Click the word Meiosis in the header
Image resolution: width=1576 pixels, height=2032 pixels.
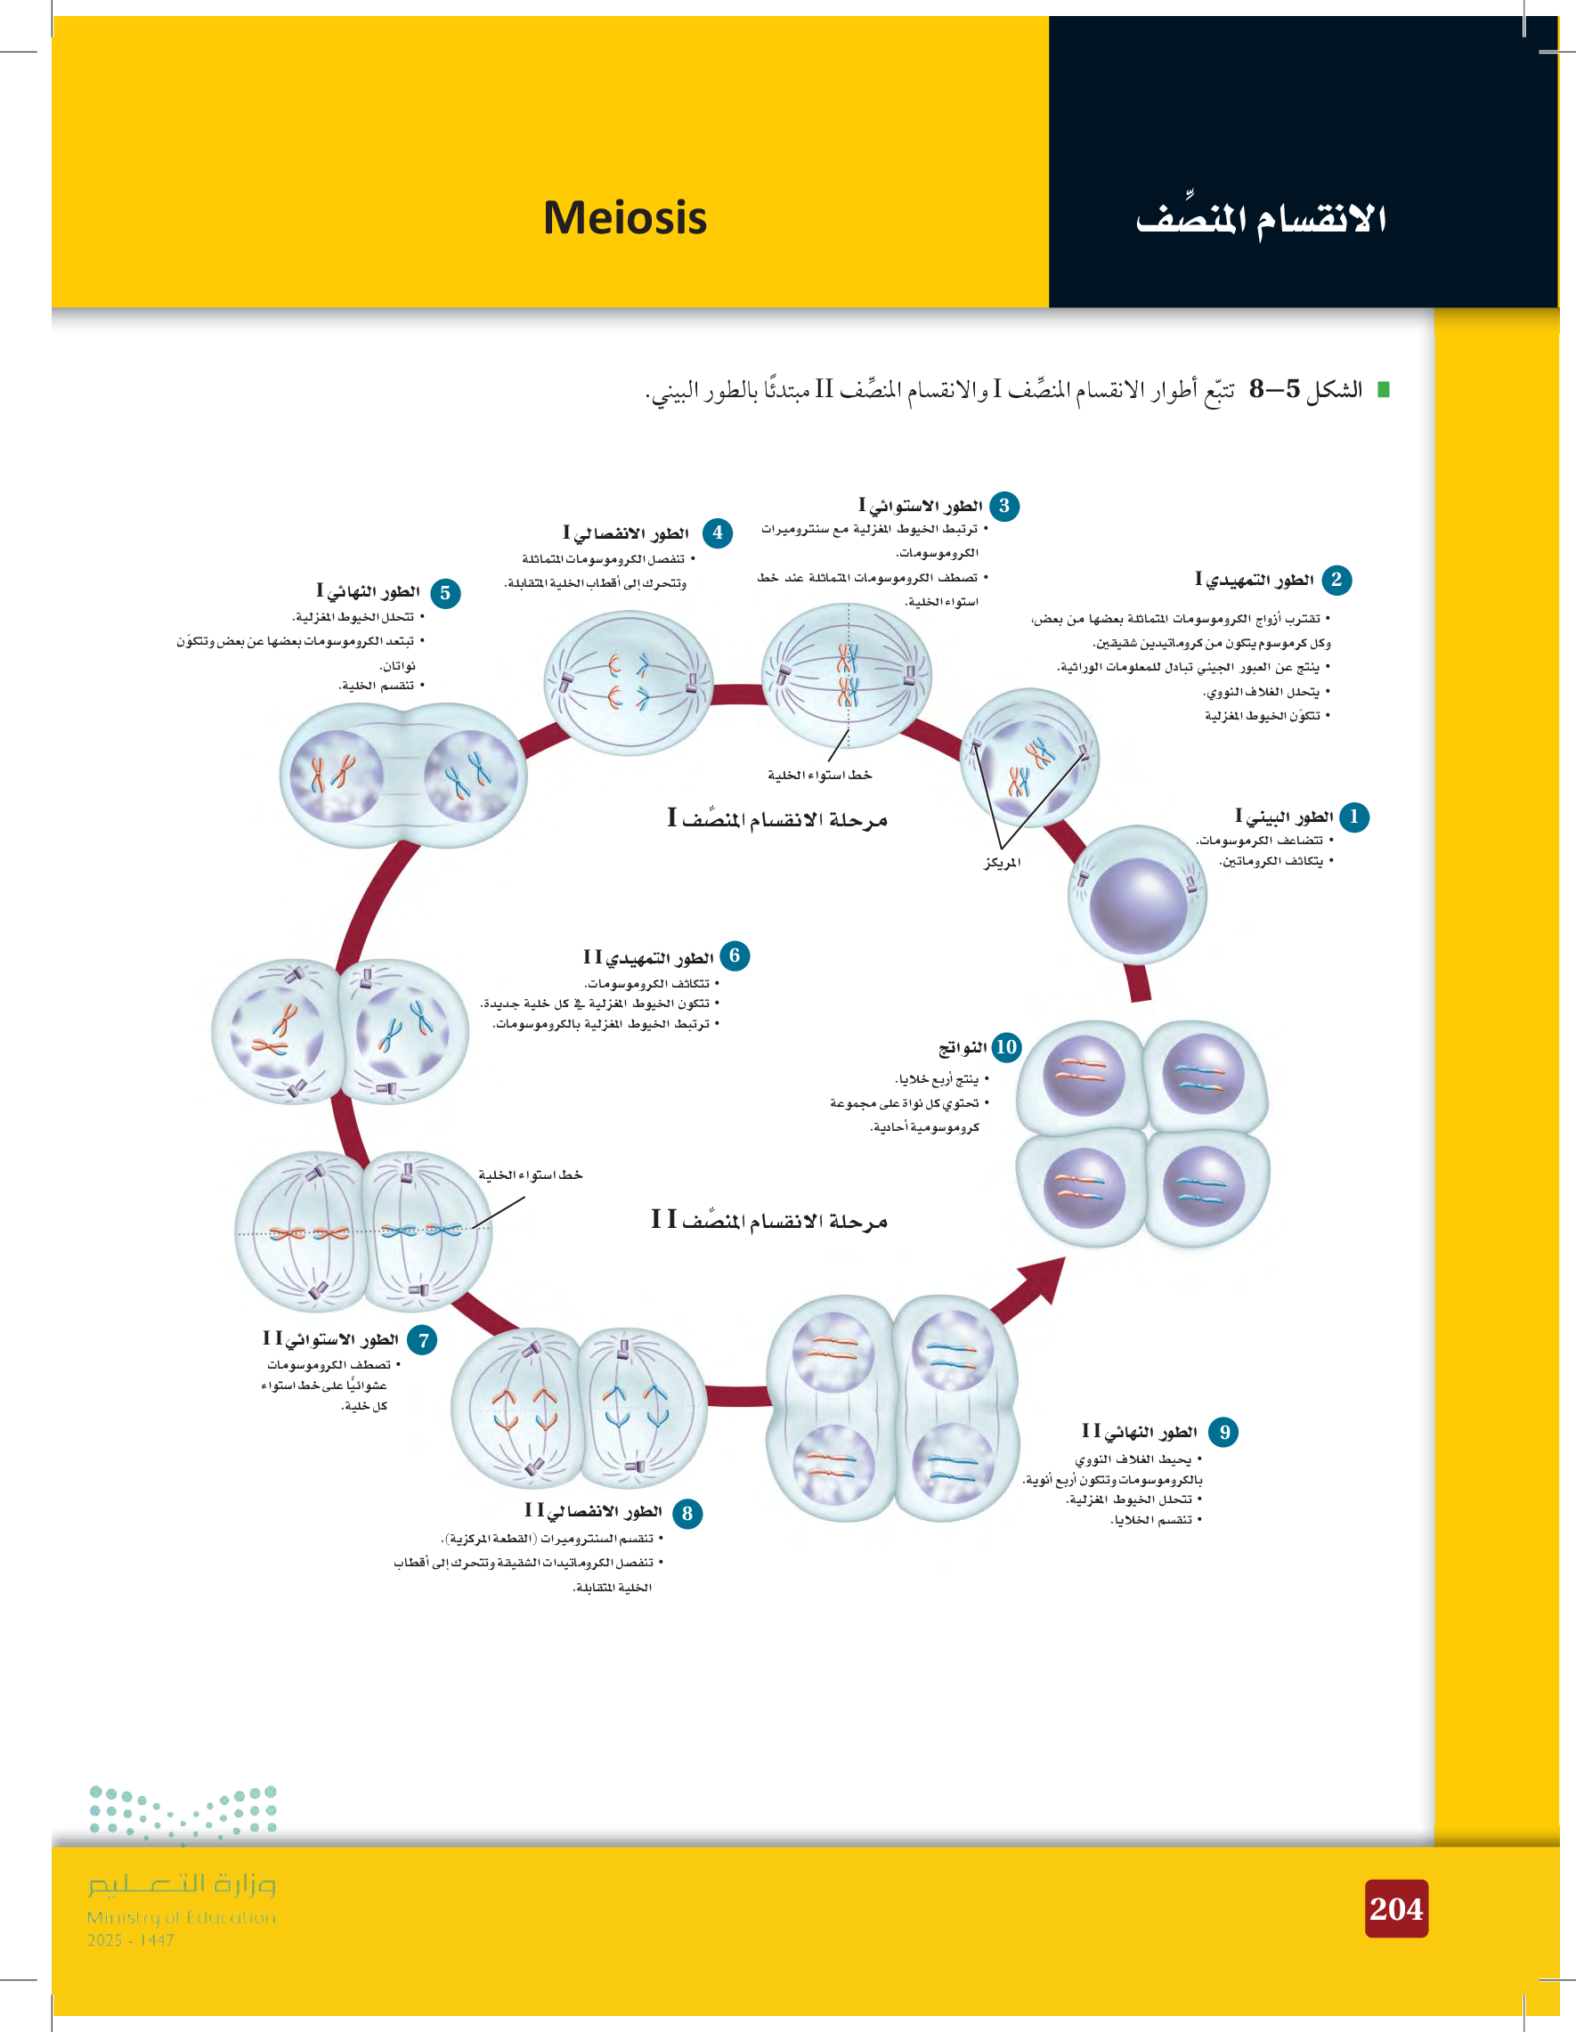point(624,217)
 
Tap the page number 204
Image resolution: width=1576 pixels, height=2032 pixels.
point(1395,1908)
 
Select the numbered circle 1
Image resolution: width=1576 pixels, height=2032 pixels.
point(1353,817)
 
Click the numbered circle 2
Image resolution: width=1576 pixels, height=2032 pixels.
point(1336,580)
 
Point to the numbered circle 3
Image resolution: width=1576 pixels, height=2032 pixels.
point(1003,506)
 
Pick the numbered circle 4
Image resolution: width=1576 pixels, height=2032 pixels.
point(718,533)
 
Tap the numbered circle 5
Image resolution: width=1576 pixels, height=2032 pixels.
point(445,593)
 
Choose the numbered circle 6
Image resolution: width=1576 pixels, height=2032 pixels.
point(734,955)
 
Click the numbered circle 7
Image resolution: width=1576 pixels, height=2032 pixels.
point(422,1341)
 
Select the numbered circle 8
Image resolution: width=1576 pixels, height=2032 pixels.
point(686,1514)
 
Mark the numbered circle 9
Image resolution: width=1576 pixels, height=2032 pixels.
point(1224,1432)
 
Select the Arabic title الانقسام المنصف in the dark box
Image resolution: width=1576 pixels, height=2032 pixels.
point(1261,221)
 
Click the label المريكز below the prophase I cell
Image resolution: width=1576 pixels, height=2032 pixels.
point(1002,863)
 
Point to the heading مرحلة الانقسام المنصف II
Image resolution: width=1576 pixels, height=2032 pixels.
point(769,1220)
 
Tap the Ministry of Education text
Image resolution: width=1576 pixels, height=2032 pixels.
point(182,1917)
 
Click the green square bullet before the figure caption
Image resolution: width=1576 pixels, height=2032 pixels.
point(1383,390)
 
